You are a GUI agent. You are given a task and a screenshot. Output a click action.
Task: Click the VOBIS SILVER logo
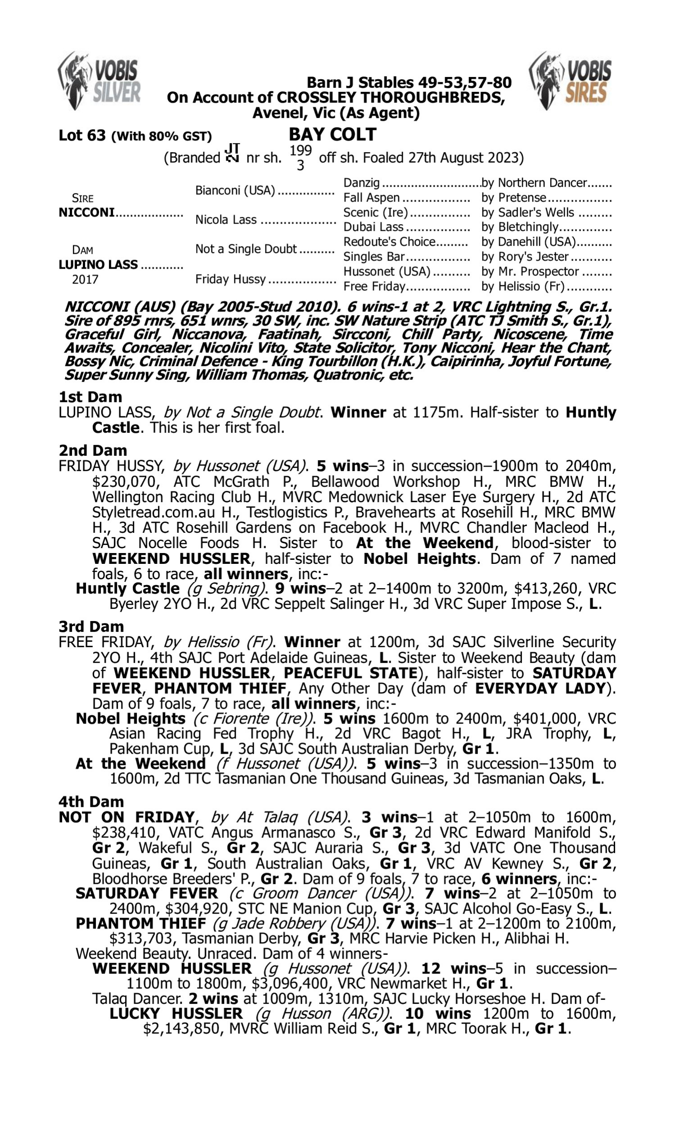click(x=99, y=81)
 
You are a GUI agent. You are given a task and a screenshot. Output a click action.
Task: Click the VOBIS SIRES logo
click(x=571, y=81)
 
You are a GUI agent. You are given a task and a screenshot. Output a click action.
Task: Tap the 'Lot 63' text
click(x=82, y=135)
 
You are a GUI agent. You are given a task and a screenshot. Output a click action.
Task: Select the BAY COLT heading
click(x=333, y=135)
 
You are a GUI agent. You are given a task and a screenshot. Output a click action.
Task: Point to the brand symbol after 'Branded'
click(x=233, y=153)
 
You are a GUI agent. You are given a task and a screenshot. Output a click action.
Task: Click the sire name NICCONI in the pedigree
click(x=86, y=212)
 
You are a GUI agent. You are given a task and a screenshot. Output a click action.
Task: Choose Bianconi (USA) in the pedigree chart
click(x=235, y=190)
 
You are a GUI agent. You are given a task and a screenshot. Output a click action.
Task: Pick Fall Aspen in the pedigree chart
click(x=371, y=198)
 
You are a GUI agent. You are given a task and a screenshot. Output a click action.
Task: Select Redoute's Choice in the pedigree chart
click(x=389, y=242)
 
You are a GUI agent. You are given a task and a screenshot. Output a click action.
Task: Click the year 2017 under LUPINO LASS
click(x=85, y=279)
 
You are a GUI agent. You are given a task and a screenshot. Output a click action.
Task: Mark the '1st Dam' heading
click(x=90, y=397)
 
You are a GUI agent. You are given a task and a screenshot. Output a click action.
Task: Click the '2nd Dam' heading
click(x=92, y=450)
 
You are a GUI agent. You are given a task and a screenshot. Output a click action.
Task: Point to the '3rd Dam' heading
click(x=91, y=626)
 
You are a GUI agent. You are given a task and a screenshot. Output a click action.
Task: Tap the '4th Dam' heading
click(x=91, y=801)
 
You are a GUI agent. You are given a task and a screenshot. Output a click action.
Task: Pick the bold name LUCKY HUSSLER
click(x=176, y=1013)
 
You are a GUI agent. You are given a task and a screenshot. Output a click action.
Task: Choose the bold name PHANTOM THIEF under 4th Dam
click(x=140, y=923)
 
